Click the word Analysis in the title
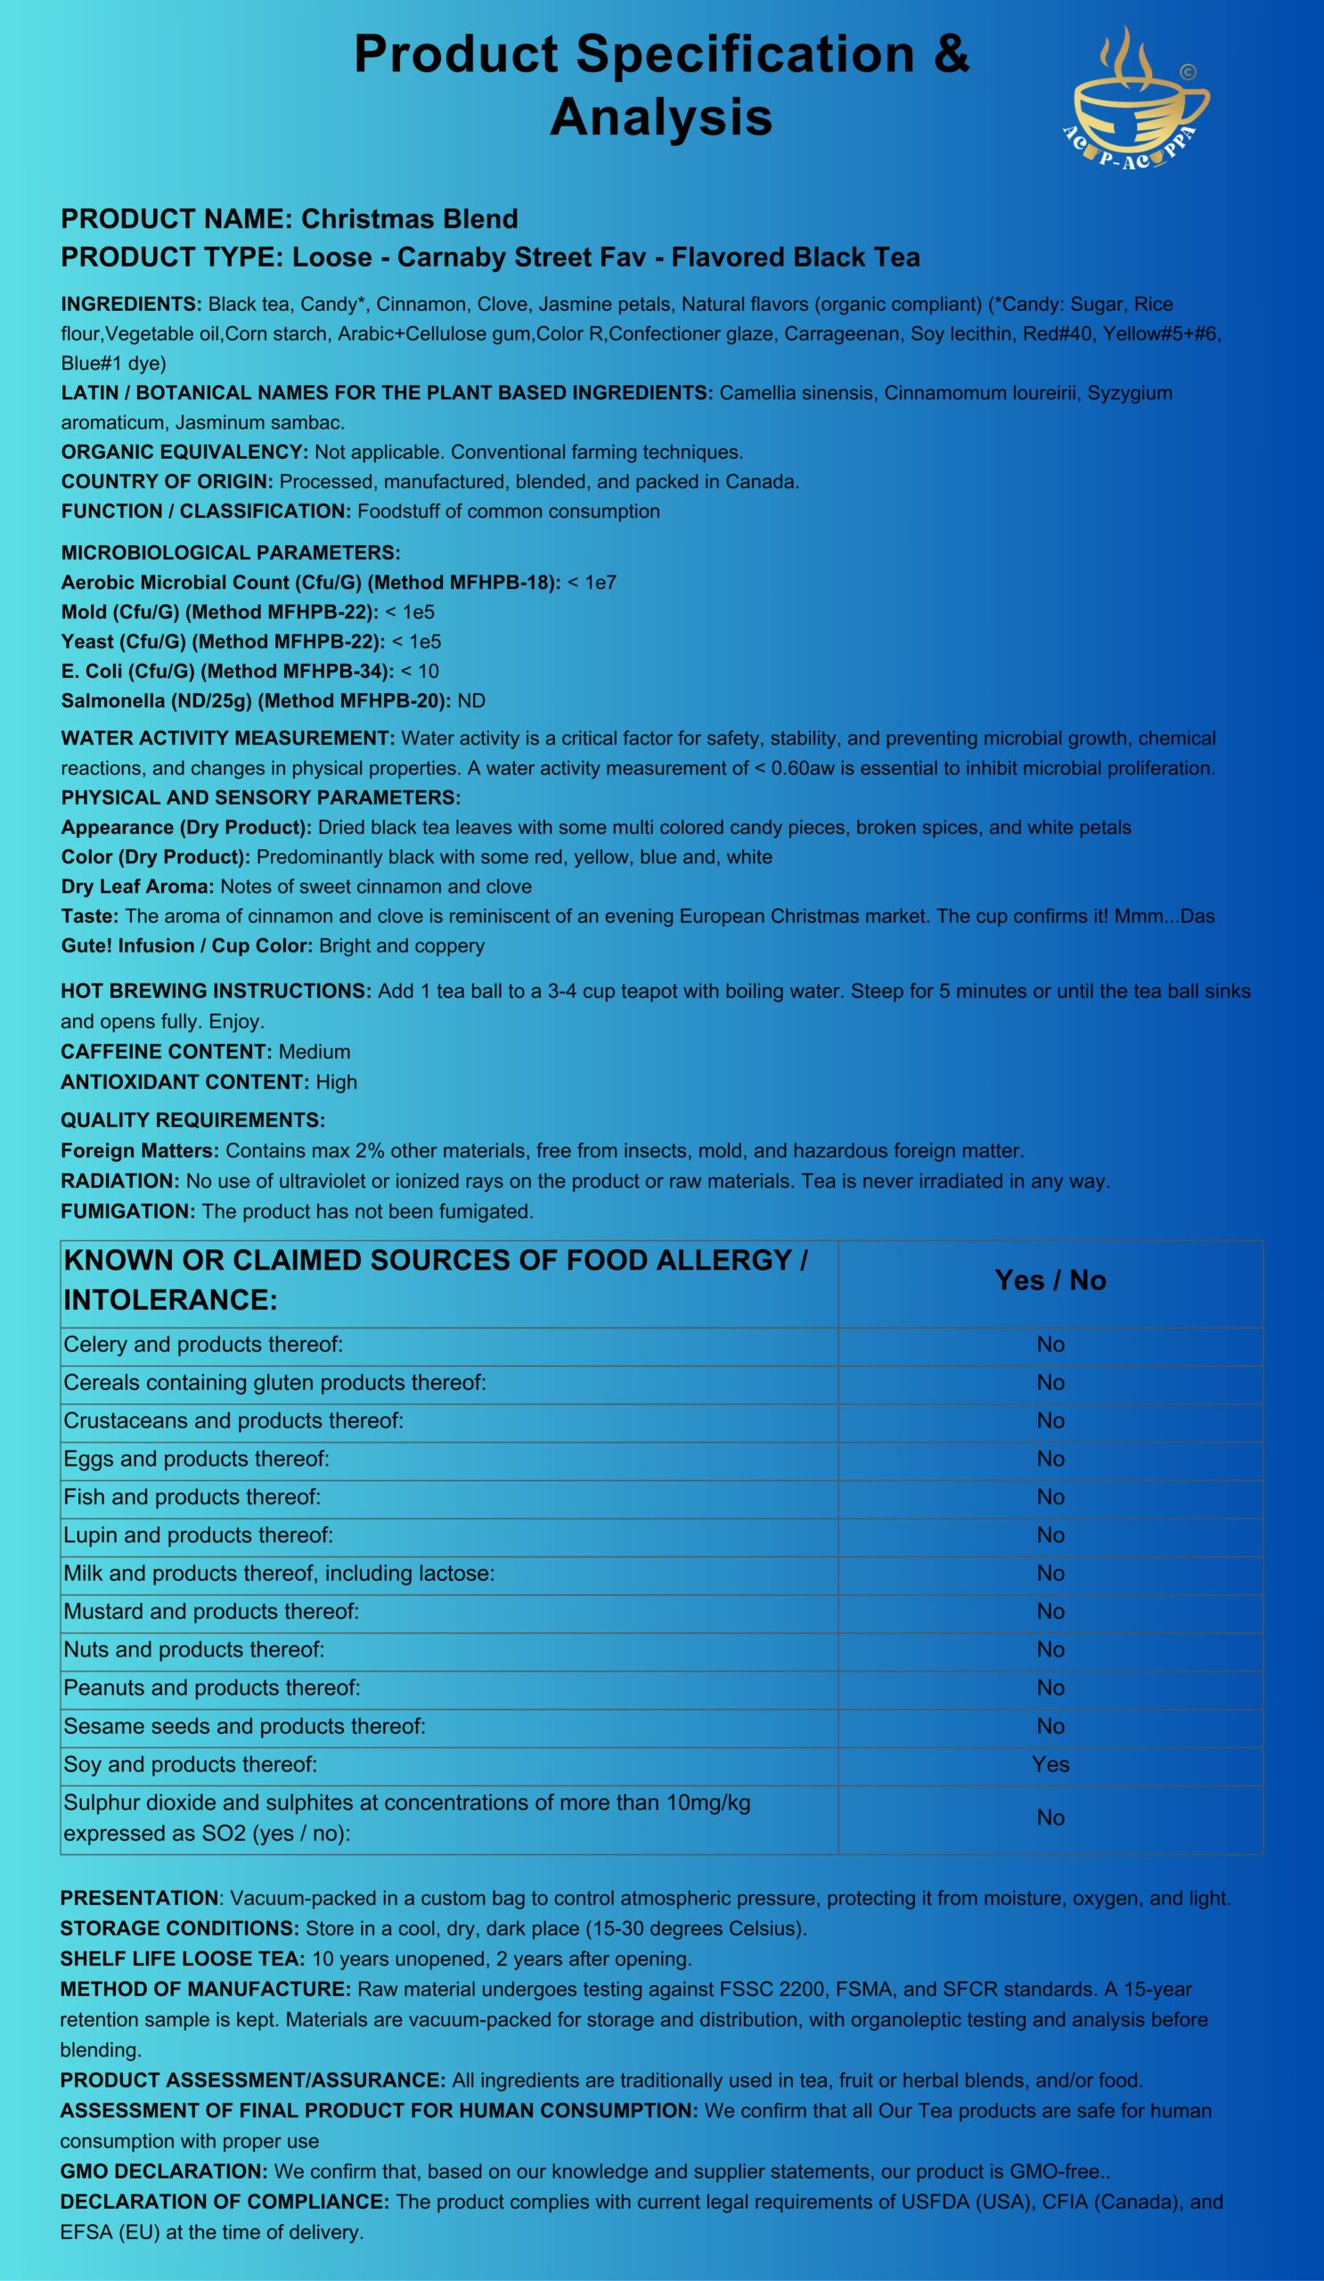(660, 118)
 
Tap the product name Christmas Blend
(409, 219)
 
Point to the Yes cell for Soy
(1050, 1764)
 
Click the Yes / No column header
(1050, 1280)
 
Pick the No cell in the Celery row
(1050, 1345)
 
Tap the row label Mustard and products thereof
(211, 1611)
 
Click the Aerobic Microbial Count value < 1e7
(592, 583)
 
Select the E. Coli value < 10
(420, 672)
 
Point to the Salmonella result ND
(471, 700)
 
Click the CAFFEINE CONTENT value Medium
(314, 1051)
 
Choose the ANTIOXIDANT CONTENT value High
(336, 1082)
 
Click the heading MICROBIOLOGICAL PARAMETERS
(230, 553)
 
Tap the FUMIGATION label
(127, 1211)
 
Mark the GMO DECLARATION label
(163, 2171)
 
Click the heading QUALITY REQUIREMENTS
(192, 1121)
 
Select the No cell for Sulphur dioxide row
(1050, 1818)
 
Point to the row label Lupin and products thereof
(198, 1535)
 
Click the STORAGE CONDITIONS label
(179, 1929)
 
